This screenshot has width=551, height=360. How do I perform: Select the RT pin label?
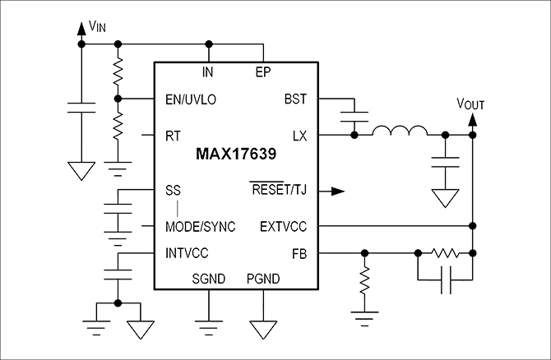pos(174,135)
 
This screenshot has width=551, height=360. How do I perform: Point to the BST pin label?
pos(295,99)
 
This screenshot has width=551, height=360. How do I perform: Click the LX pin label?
pos(299,135)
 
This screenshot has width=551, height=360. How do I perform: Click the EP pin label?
pos(263,72)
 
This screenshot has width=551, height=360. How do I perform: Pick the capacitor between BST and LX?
pos(354,117)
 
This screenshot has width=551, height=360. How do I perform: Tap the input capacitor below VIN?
pos(81,108)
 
